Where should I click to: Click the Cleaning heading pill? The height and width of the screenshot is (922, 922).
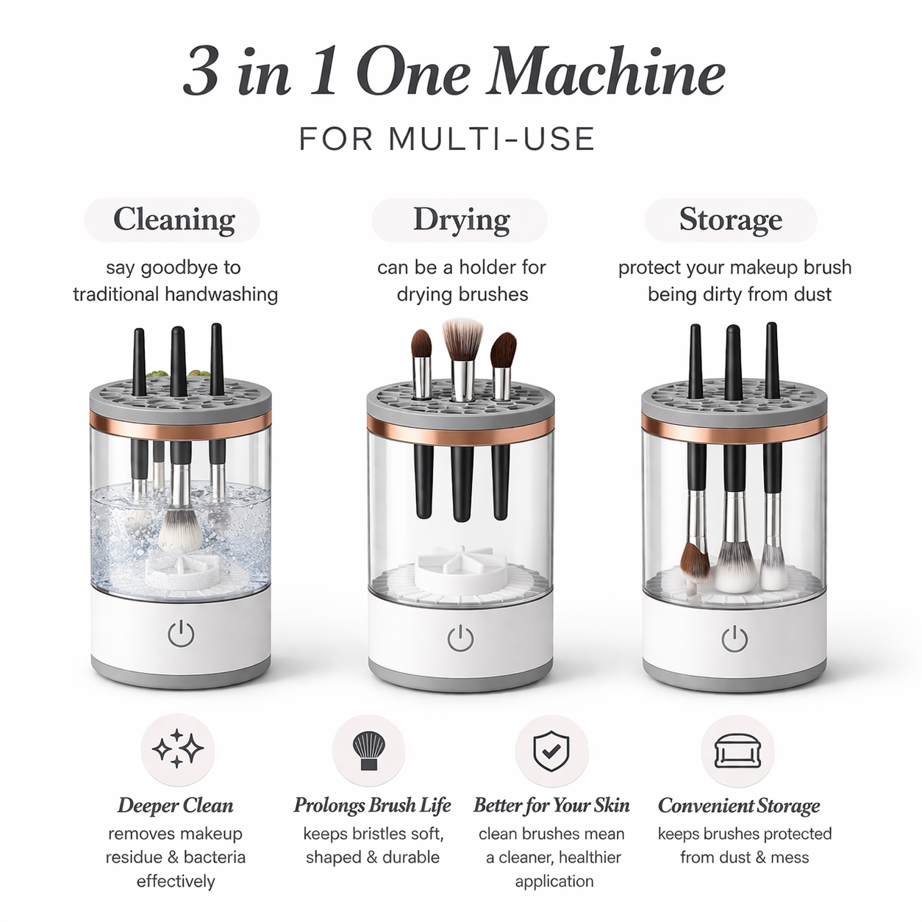click(173, 220)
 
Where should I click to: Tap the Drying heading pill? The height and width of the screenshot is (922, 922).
click(460, 220)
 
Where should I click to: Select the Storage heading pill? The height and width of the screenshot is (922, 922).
click(730, 220)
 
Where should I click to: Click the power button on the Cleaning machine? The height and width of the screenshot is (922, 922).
click(181, 633)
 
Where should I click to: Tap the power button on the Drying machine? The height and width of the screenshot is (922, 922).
click(460, 637)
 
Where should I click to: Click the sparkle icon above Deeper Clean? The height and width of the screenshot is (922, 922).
click(177, 750)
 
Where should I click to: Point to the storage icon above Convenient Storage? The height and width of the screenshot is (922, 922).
click(737, 751)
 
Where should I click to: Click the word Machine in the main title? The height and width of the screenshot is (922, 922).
click(607, 74)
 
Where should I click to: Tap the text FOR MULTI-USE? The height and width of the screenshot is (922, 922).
click(447, 139)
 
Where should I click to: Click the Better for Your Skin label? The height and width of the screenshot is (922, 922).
click(551, 805)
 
